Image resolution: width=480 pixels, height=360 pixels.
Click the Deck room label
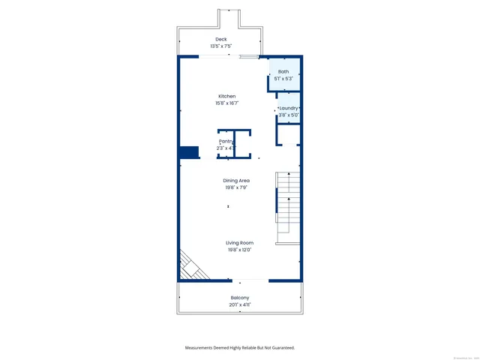pyautogui.click(x=220, y=39)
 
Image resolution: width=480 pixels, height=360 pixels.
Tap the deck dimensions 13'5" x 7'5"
pyautogui.click(x=220, y=46)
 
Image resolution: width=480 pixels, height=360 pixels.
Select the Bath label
pyautogui.click(x=283, y=71)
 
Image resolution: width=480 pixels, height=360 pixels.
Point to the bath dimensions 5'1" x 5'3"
pyautogui.click(x=283, y=79)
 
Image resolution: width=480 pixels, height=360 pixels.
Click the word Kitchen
pyautogui.click(x=227, y=96)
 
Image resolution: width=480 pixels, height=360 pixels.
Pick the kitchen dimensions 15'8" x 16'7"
pyautogui.click(x=227, y=103)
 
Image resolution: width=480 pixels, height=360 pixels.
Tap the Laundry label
pyautogui.click(x=289, y=108)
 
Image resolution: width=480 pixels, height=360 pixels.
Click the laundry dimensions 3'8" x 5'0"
pyautogui.click(x=289, y=115)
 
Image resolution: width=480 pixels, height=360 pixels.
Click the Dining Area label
pyautogui.click(x=236, y=181)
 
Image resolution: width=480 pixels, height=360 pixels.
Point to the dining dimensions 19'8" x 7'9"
pyautogui.click(x=236, y=188)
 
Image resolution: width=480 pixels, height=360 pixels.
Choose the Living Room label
pyautogui.click(x=240, y=243)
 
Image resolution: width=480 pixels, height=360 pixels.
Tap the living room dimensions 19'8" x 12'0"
pyautogui.click(x=240, y=250)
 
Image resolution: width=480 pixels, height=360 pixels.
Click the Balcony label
pyautogui.click(x=240, y=298)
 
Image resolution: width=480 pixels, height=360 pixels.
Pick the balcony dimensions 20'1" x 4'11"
pyautogui.click(x=240, y=305)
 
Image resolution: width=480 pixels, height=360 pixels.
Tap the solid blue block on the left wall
pyautogui.click(x=188, y=153)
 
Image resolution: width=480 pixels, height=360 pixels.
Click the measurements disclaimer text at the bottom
pyautogui.click(x=240, y=348)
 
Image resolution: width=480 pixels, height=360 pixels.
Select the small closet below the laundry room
pyautogui.click(x=289, y=135)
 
